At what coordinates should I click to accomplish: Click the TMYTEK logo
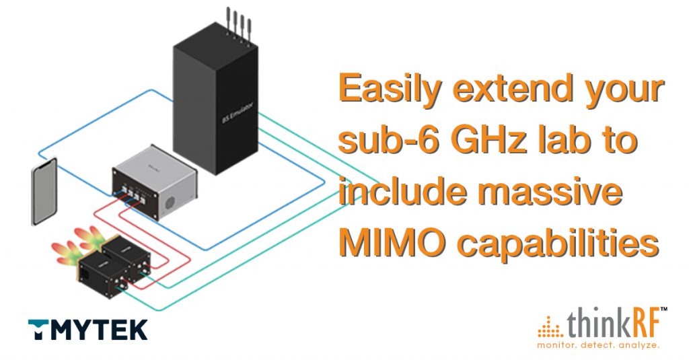pos(87,329)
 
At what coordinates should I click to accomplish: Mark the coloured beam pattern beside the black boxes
pos(76,246)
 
